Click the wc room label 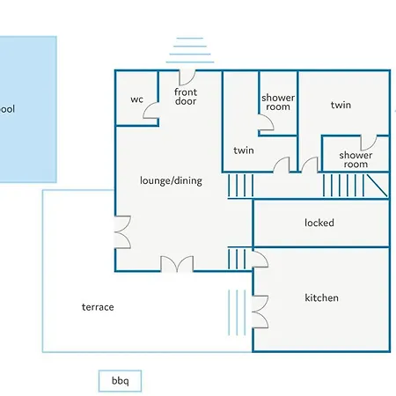click(x=136, y=99)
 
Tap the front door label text click(x=186, y=97)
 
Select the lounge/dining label click(x=171, y=180)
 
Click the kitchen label click(x=321, y=297)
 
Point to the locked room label click(x=319, y=223)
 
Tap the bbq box click(x=120, y=381)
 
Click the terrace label click(x=98, y=307)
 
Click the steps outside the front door click(x=190, y=50)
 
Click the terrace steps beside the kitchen click(x=237, y=312)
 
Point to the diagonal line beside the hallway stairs click(x=378, y=186)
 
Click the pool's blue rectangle click(x=28, y=109)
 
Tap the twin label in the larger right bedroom click(x=341, y=105)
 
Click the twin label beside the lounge click(x=244, y=150)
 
